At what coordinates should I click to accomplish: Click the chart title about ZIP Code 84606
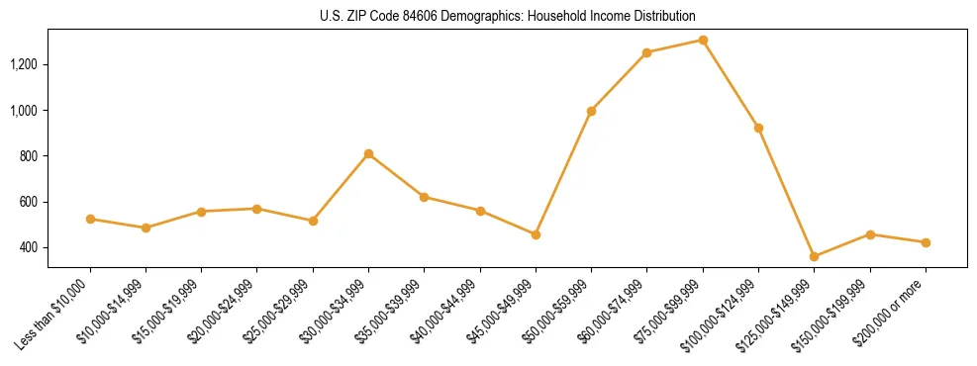coord(508,17)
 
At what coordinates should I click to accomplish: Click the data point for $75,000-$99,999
coord(703,41)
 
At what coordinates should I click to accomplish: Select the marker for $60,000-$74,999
coord(646,52)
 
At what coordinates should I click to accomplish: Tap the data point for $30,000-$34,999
coord(368,153)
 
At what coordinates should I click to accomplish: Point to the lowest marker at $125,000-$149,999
coord(814,257)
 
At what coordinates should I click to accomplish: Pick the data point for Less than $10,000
coord(90,219)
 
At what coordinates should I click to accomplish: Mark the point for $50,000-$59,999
coord(591,111)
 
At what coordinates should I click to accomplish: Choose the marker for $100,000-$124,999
coord(758,128)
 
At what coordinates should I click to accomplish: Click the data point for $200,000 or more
coord(926,242)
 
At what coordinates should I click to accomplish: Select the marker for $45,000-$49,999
coord(536,234)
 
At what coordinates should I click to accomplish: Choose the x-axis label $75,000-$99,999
coord(668,315)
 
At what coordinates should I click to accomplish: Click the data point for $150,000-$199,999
coord(870,234)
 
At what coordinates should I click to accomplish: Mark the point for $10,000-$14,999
coord(146,228)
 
